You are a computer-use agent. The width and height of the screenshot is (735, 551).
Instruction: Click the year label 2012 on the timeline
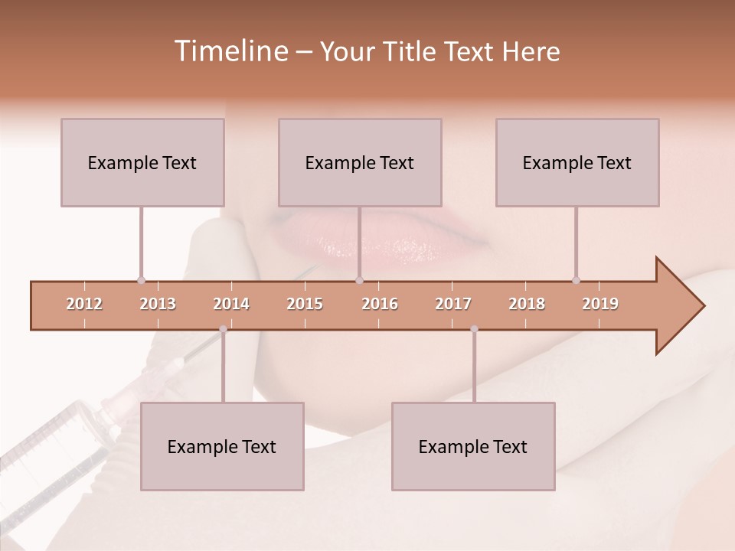click(84, 304)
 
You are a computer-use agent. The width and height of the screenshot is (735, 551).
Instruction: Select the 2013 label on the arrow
click(158, 304)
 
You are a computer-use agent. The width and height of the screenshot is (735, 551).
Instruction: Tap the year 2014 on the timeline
click(231, 304)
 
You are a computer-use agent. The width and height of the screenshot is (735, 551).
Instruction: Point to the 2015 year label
click(305, 304)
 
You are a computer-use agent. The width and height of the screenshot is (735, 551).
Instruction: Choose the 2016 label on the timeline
click(380, 304)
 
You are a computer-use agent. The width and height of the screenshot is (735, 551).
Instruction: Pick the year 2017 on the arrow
click(453, 304)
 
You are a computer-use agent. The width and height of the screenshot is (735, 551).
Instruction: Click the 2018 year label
click(527, 304)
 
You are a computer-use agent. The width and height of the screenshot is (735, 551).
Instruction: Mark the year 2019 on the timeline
click(600, 304)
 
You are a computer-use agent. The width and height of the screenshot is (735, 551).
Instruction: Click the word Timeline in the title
click(230, 51)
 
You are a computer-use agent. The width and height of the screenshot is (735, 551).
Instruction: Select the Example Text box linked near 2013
click(142, 162)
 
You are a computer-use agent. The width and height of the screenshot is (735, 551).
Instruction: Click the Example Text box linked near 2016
click(360, 162)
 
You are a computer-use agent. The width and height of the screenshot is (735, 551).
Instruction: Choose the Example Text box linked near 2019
click(577, 162)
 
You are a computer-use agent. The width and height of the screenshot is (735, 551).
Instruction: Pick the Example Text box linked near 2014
click(222, 446)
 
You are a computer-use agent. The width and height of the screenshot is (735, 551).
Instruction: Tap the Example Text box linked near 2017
click(473, 446)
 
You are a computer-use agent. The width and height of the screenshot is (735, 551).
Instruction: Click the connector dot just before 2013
click(141, 280)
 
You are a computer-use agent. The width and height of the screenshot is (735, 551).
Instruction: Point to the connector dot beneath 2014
click(223, 329)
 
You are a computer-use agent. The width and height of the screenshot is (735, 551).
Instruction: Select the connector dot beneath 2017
click(474, 329)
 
